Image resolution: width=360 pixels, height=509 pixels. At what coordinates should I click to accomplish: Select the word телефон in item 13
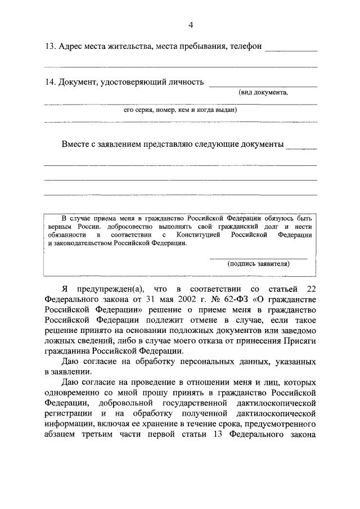click(x=246, y=47)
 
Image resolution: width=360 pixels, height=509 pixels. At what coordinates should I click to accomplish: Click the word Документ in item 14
click(x=77, y=82)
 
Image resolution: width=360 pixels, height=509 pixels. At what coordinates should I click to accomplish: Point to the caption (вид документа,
click(x=263, y=93)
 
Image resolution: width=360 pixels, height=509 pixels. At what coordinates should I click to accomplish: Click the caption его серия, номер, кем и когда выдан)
click(x=180, y=110)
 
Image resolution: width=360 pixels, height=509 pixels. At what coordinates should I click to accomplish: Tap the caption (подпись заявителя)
click(x=258, y=263)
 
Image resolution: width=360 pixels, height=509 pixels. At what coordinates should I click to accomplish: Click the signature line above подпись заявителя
click(x=258, y=258)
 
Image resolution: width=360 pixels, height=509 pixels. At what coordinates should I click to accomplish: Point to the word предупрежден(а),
click(x=101, y=289)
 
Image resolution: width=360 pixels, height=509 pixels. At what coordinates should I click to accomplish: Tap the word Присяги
click(x=300, y=340)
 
